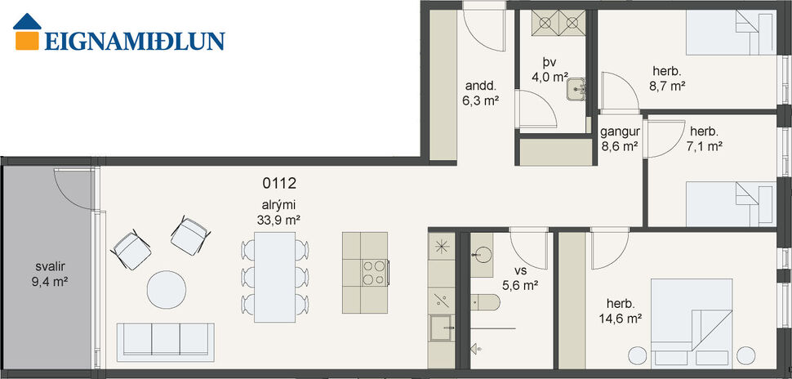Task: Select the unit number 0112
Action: [x=278, y=184]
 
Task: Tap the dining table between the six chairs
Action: [x=275, y=273]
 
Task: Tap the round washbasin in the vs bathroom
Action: [x=480, y=253]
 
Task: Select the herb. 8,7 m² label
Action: [x=667, y=77]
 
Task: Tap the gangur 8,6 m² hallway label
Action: [x=620, y=140]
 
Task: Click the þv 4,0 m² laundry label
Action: [x=550, y=70]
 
